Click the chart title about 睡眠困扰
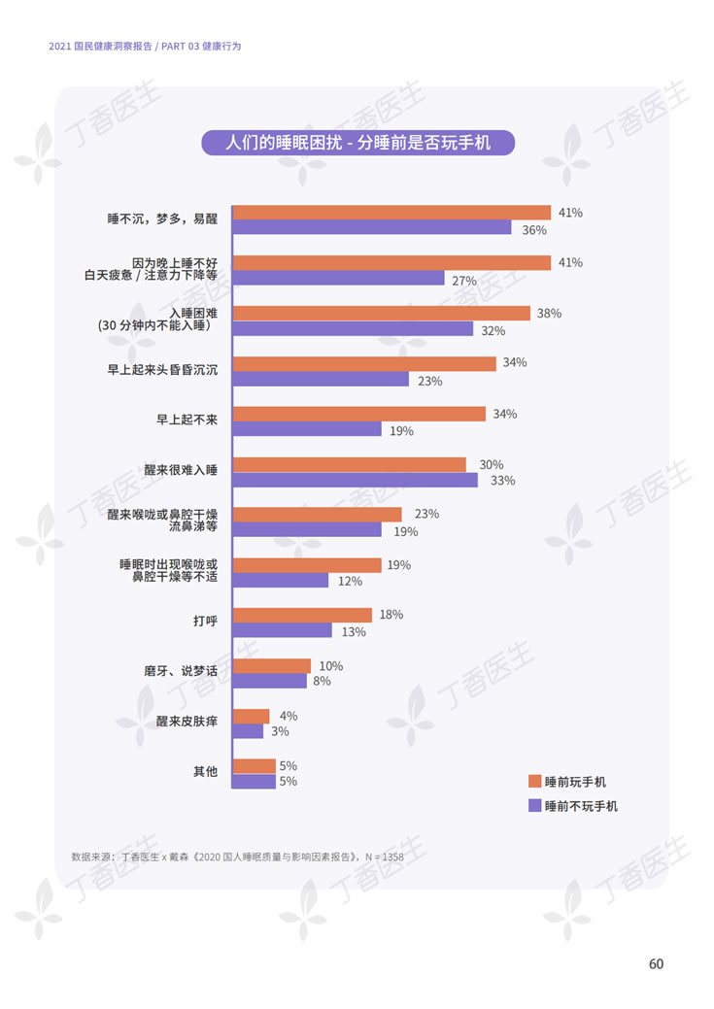tap(357, 143)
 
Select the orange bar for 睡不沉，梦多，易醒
tap(391, 213)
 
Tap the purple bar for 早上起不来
tap(307, 429)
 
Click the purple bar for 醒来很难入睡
tap(356, 480)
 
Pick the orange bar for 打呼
tap(303, 615)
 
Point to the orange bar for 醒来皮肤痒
tap(252, 716)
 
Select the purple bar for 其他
tap(255, 781)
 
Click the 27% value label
tap(463, 281)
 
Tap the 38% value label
tap(549, 314)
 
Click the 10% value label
tap(331, 665)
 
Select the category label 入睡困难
tap(193, 313)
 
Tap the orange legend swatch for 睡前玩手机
tap(533, 781)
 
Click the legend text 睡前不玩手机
tap(581, 806)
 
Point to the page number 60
tap(656, 963)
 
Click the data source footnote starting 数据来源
tap(237, 857)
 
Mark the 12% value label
tap(350, 581)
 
